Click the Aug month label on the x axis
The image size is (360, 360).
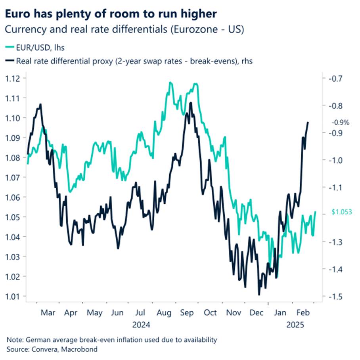tap(163, 313)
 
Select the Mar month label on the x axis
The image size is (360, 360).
tap(48, 313)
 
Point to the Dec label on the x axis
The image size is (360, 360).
tap(257, 313)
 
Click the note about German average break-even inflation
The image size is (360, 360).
tap(112, 340)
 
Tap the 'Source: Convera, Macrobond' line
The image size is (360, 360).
tap(52, 349)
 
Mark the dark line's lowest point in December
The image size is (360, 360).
tap(259, 295)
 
